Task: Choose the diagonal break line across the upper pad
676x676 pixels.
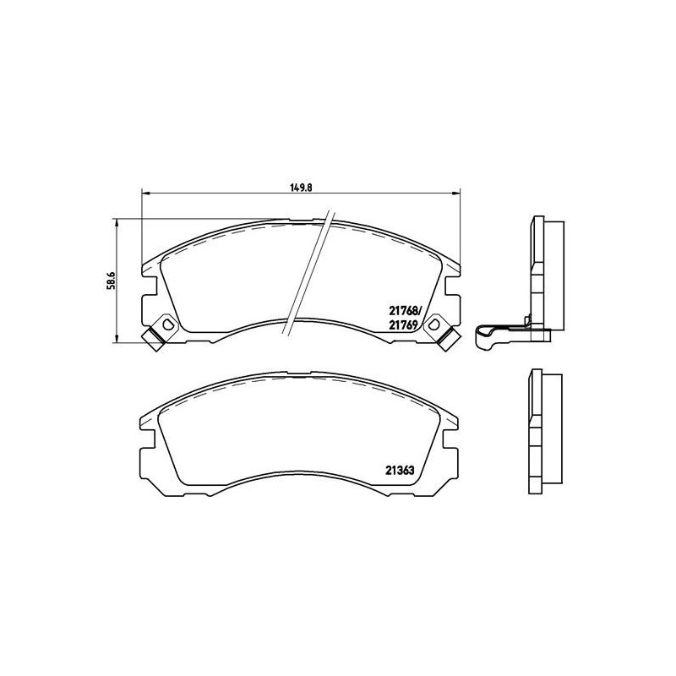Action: click(x=308, y=275)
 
